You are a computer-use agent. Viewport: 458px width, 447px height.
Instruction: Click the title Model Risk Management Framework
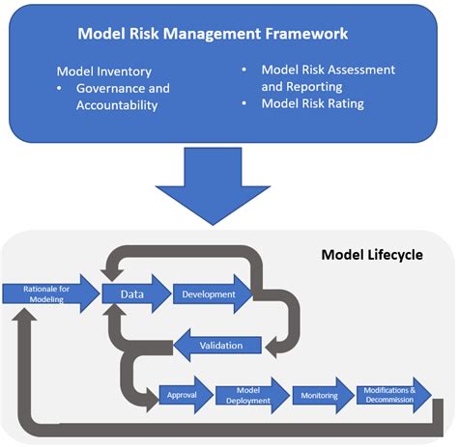point(214,34)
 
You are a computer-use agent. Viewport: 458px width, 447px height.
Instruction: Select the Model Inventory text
point(102,71)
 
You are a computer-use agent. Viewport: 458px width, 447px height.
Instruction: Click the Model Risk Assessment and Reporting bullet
point(329,78)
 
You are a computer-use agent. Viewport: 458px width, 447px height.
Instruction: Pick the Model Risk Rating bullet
point(313,103)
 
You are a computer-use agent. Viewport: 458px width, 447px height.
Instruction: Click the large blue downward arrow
point(228,182)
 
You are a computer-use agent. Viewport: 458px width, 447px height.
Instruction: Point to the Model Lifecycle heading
point(371,256)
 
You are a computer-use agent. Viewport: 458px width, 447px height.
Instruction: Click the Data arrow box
point(133,293)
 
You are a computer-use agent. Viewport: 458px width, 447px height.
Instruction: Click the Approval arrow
point(183,395)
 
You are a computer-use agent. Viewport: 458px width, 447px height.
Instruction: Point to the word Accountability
point(117,105)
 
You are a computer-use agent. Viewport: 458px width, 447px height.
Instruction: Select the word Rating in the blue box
point(344,103)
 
